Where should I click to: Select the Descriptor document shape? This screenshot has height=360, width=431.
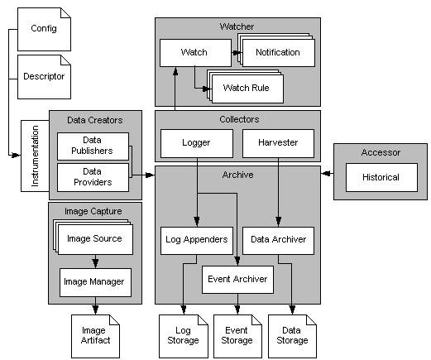point(44,77)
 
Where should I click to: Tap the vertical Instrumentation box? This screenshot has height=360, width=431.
point(34,153)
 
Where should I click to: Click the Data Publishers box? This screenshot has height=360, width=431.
point(91,146)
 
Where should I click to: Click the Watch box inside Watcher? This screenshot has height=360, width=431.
point(194,53)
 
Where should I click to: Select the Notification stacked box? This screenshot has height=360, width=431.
point(277,53)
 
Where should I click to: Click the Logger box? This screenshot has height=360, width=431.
point(195,142)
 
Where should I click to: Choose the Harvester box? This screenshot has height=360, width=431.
point(278,142)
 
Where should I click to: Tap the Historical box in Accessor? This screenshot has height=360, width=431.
point(381,176)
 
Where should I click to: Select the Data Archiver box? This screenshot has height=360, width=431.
point(278,240)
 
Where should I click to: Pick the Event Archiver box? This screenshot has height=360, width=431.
point(237,279)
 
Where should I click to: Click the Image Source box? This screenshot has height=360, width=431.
point(93,239)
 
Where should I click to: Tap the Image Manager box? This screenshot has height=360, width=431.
point(94,281)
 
